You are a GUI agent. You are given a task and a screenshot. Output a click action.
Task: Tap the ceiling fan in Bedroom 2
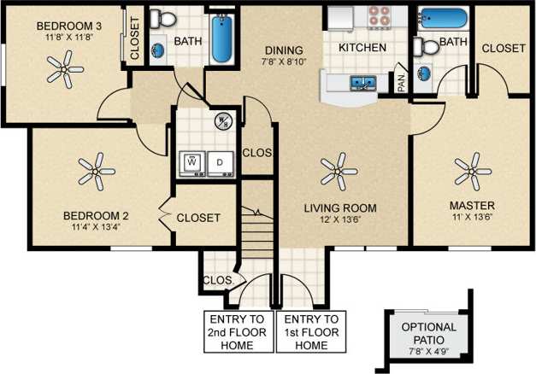tap(96, 171)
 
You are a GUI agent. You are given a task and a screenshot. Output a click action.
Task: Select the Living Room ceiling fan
tap(339, 171)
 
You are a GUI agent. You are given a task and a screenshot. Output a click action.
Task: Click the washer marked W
tap(192, 161)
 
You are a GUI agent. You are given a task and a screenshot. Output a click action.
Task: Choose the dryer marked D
tap(220, 161)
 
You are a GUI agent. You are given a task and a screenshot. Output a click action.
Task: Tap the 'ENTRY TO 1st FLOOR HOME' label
tap(304, 333)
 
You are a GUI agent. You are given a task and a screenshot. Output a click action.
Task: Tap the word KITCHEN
tap(362, 48)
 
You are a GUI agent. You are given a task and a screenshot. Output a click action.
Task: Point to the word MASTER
tap(472, 206)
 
